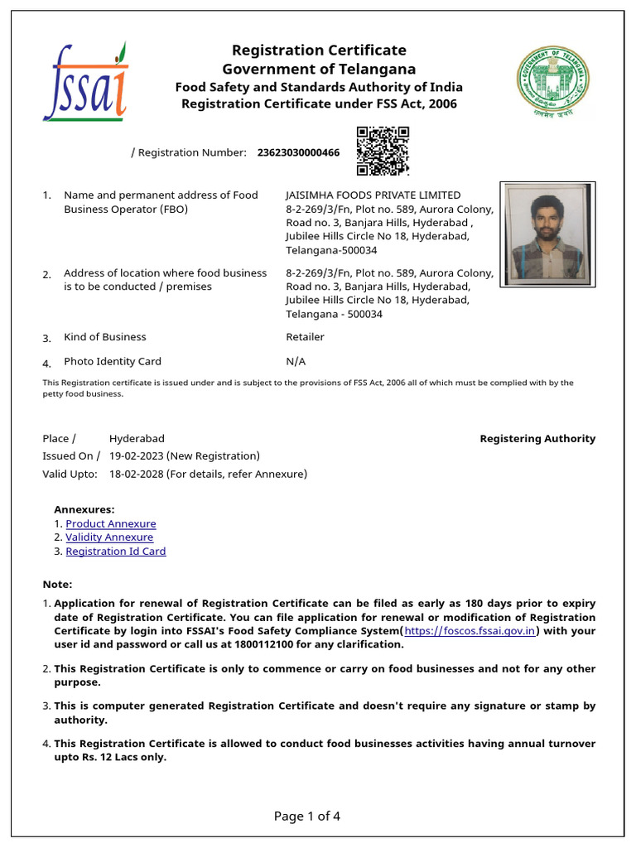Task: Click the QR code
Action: [x=383, y=151]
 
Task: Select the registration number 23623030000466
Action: [x=298, y=153]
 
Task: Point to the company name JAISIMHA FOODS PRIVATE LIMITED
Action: [x=373, y=195]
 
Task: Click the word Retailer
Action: [x=305, y=337]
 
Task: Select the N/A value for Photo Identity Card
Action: [x=296, y=362]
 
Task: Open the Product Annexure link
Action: [x=110, y=524]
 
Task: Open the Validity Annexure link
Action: [x=109, y=537]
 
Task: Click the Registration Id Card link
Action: [x=115, y=552]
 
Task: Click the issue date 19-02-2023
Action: [x=137, y=456]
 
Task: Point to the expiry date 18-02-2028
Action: [x=137, y=475]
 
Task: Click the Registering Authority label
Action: [x=537, y=439]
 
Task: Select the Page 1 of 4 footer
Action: [x=307, y=817]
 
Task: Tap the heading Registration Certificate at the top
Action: [x=319, y=51]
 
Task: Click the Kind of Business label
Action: [x=105, y=337]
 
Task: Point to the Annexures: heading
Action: [x=84, y=510]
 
